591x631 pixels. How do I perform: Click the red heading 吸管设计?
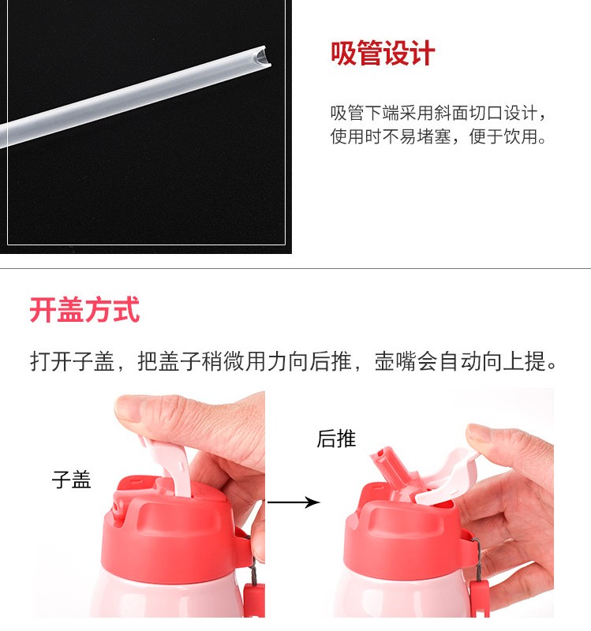383,53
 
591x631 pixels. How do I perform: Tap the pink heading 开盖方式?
84,309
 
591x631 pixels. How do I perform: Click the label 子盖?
72,480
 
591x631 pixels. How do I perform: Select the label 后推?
337,439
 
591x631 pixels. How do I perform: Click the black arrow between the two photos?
294,502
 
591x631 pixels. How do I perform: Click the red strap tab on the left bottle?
253,599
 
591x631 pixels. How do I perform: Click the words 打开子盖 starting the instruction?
73,361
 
